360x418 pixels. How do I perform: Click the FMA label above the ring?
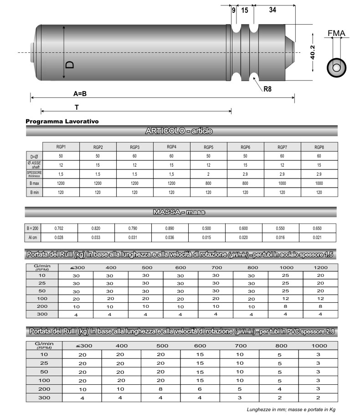point(336,33)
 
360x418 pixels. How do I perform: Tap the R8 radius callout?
point(267,89)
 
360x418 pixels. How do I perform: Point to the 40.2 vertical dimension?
point(313,52)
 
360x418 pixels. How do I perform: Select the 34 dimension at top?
point(273,10)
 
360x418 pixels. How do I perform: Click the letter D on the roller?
point(70,65)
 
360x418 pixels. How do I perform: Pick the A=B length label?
point(80,93)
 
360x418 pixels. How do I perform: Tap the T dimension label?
point(77,107)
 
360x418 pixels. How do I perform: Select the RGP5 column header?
point(208,147)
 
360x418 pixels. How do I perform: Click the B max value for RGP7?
point(282,183)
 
